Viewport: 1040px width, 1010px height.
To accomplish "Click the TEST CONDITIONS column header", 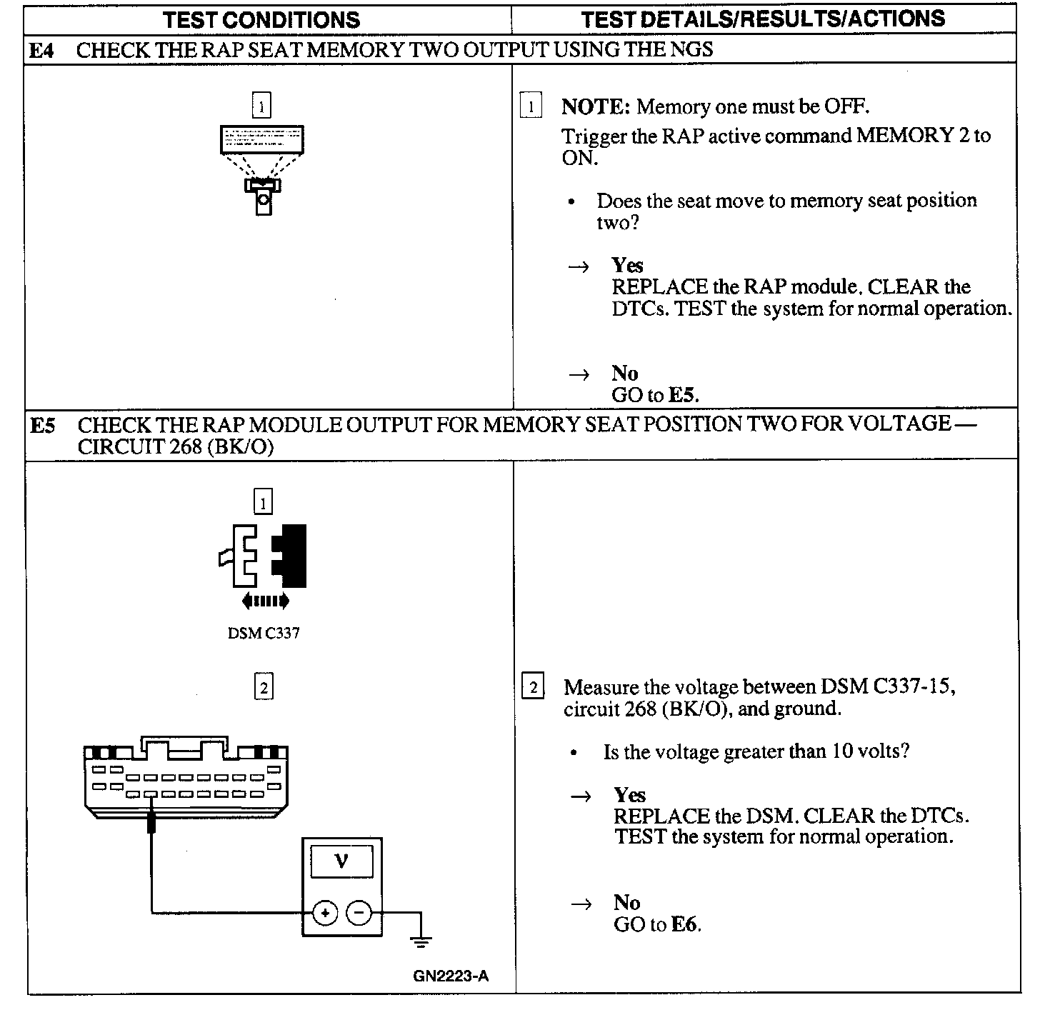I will click(x=261, y=19).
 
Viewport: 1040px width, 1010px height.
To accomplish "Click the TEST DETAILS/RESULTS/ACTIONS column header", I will click(x=762, y=19).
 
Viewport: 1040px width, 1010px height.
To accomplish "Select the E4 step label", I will click(x=42, y=50).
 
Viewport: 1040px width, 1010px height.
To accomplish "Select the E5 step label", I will click(x=43, y=426).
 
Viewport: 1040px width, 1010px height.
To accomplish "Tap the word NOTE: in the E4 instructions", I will click(x=595, y=107).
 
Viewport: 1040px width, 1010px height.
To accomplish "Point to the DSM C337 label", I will click(x=264, y=634).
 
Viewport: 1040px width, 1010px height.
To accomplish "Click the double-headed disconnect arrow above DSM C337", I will click(x=265, y=601).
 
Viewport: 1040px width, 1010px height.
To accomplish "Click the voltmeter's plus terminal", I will click(x=325, y=912).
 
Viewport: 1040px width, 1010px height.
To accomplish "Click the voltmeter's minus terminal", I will click(x=359, y=912).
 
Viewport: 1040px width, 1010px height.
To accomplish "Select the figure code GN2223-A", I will click(x=451, y=976).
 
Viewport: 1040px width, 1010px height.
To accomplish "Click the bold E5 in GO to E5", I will click(x=683, y=394).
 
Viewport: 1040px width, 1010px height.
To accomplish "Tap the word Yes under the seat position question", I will click(x=627, y=265).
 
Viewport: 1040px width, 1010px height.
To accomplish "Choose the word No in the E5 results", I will click(x=626, y=903).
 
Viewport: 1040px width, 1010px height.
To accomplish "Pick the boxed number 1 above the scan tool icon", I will click(x=261, y=106).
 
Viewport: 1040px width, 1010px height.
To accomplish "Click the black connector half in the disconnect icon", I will click(x=291, y=555).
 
